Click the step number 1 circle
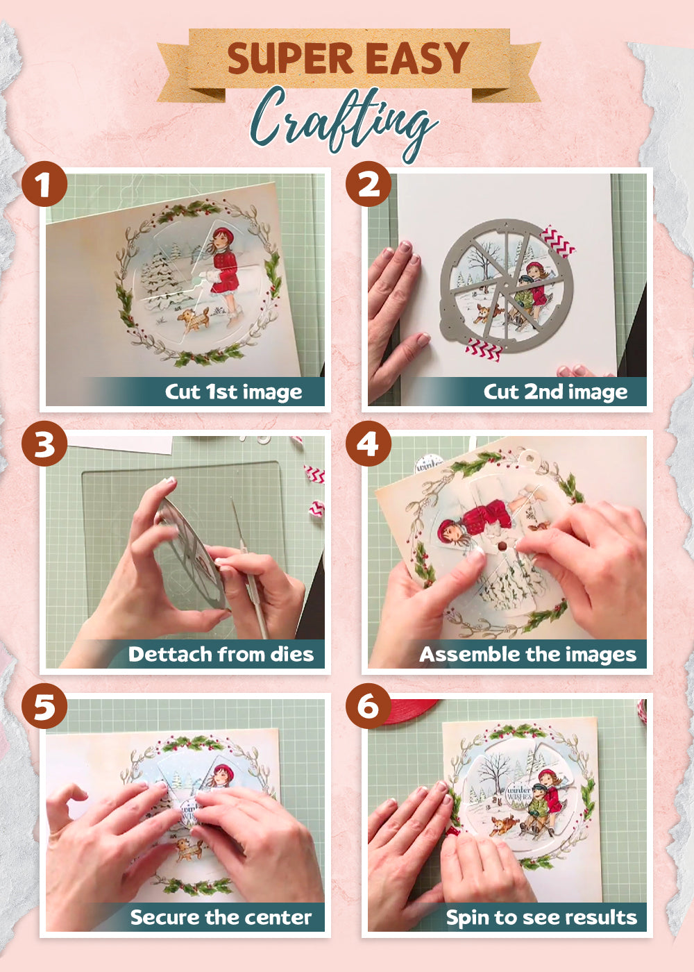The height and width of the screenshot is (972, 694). [x=44, y=185]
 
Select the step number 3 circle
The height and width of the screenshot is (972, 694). [x=44, y=444]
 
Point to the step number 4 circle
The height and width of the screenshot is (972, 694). [x=368, y=444]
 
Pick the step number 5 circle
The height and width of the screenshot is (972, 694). [x=44, y=707]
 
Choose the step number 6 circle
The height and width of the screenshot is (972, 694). [x=368, y=706]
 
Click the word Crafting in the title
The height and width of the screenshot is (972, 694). [x=344, y=121]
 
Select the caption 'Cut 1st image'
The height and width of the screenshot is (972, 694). [x=233, y=392]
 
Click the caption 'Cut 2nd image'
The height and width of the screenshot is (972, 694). [x=555, y=392]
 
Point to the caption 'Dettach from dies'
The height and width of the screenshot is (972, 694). [x=221, y=654]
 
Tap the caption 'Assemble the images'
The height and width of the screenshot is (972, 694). [x=527, y=654]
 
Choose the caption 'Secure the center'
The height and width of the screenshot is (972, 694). [x=221, y=917]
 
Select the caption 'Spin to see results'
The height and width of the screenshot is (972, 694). [x=541, y=917]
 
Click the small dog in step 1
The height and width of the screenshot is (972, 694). [x=193, y=320]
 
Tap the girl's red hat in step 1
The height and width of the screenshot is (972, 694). [x=222, y=234]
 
